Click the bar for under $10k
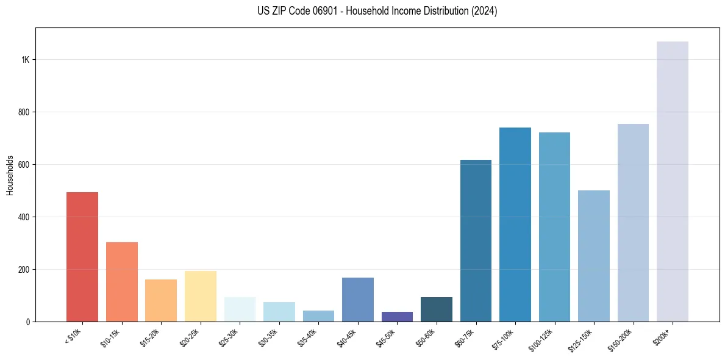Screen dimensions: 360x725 (x=82, y=257)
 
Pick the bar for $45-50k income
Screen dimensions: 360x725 (x=397, y=317)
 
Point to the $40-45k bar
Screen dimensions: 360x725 (x=357, y=300)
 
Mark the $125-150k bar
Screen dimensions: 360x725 (x=593, y=256)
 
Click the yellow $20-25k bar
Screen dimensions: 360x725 (x=200, y=296)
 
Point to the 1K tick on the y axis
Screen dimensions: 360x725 (x=26, y=60)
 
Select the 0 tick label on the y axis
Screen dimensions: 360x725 (x=28, y=322)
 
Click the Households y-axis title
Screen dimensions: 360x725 (x=10, y=175)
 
